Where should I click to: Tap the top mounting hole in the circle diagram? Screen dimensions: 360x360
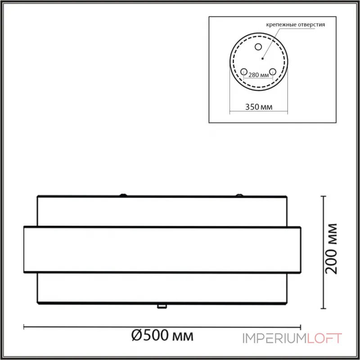pos(258,47)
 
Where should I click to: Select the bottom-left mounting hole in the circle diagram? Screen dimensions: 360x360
pos(243,72)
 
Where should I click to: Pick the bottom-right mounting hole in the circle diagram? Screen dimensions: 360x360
pos(273,72)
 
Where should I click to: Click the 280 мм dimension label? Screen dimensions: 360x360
pos(258,75)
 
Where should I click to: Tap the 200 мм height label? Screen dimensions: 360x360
pos(332,248)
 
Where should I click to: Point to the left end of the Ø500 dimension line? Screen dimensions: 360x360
pos(24,327)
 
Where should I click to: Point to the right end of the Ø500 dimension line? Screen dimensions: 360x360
pos(300,327)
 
